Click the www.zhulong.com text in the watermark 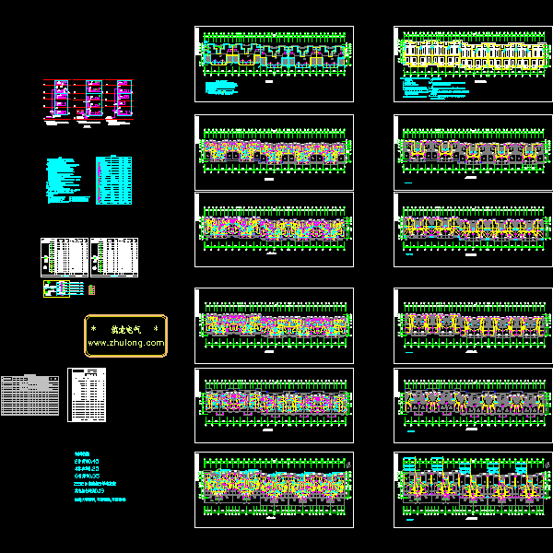(126, 343)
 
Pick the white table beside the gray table (88, 394)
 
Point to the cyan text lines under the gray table (96, 477)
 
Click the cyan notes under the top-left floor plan (221, 89)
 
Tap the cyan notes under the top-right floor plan (433, 89)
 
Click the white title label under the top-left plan (270, 82)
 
